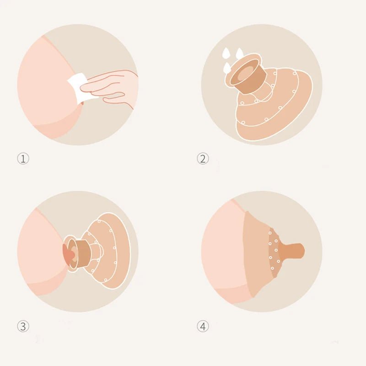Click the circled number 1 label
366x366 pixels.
[23, 159]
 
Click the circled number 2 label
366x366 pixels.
[203, 159]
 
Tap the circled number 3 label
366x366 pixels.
[23, 326]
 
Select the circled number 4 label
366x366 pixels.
[203, 326]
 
